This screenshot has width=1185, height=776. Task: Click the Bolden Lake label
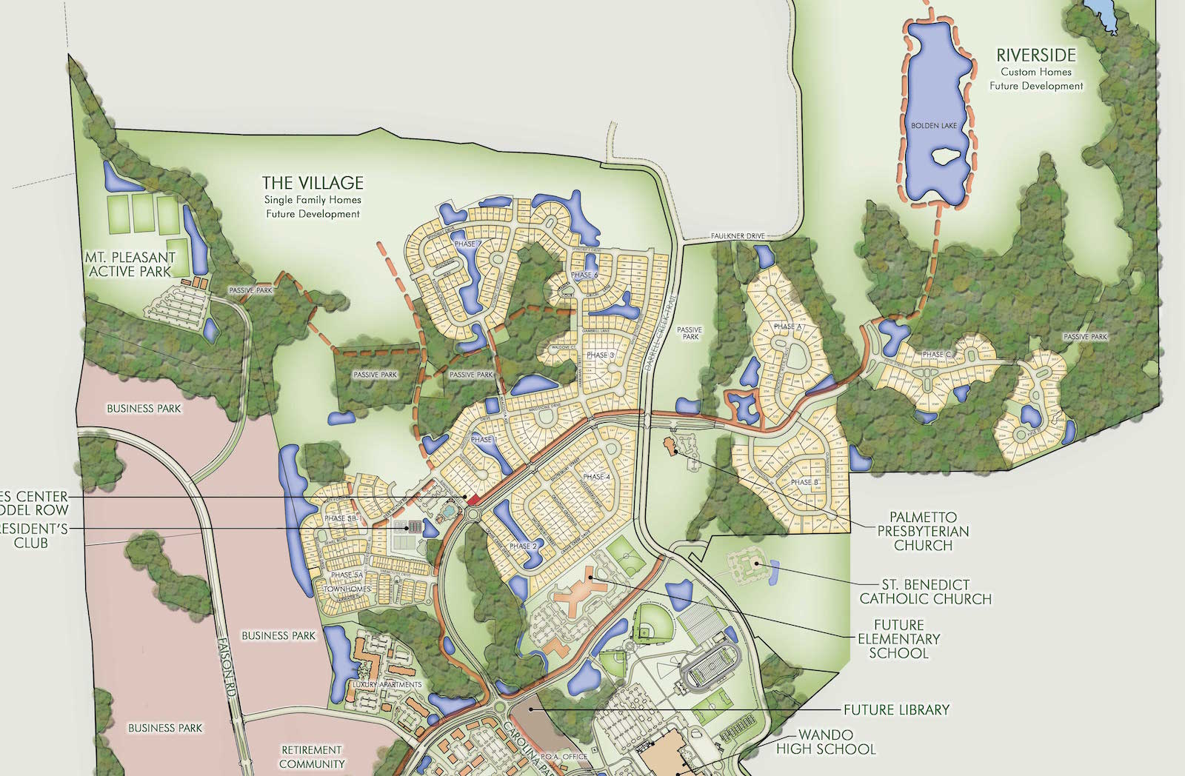pyautogui.click(x=933, y=126)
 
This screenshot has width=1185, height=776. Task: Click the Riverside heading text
pyautogui.click(x=1035, y=56)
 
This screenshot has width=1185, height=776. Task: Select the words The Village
pyautogui.click(x=313, y=183)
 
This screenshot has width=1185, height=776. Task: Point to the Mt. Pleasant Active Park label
pyautogui.click(x=130, y=264)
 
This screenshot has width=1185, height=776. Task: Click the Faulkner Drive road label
pyautogui.click(x=738, y=236)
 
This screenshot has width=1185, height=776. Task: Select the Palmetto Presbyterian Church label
pyautogui.click(x=923, y=531)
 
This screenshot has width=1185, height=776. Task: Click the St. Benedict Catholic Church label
pyautogui.click(x=925, y=592)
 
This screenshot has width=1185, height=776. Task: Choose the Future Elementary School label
pyautogui.click(x=898, y=639)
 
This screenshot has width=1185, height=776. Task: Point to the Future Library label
pyautogui.click(x=896, y=709)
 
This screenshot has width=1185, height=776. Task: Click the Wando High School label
pyautogui.click(x=826, y=742)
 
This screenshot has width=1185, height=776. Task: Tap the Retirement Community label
pyautogui.click(x=312, y=757)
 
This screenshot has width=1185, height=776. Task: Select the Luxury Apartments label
pyautogui.click(x=387, y=685)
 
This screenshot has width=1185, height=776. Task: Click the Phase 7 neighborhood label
pyautogui.click(x=467, y=244)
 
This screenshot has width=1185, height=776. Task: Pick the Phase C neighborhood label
pyautogui.click(x=937, y=355)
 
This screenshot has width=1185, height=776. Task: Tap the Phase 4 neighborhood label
pyautogui.click(x=596, y=477)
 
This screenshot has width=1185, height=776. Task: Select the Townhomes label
pyautogui.click(x=347, y=589)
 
